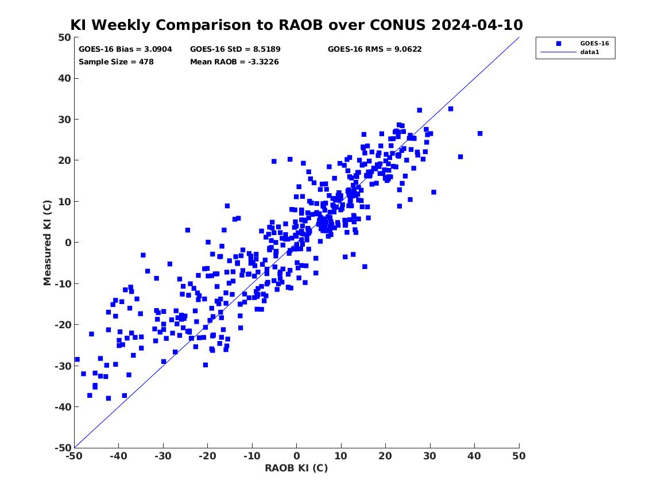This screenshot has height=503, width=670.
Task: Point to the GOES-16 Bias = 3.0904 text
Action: [125, 49]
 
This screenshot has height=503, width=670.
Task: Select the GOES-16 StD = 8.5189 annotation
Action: [235, 49]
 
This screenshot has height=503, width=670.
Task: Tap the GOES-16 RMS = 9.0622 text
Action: [375, 49]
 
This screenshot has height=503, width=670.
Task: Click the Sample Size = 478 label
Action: [116, 62]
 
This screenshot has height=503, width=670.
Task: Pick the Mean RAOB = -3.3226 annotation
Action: [235, 62]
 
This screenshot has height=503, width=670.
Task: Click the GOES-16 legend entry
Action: [594, 43]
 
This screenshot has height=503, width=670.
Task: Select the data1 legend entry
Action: [590, 52]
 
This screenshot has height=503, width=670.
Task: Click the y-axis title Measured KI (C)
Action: [47, 243]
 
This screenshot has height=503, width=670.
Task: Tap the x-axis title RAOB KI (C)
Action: [297, 468]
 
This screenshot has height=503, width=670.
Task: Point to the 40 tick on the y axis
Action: [64, 78]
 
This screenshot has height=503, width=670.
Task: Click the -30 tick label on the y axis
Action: [63, 366]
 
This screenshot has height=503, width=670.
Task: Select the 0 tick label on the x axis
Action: [297, 456]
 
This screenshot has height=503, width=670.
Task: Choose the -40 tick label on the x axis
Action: [118, 456]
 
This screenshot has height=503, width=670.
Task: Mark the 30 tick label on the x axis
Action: [430, 456]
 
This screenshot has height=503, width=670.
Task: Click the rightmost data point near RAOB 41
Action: [480, 133]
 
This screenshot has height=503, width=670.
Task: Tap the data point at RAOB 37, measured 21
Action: [460, 157]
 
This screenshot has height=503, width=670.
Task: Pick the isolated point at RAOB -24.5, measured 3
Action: [188, 230]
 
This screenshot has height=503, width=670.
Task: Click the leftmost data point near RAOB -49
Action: [78, 359]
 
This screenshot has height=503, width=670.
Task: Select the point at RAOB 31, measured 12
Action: [433, 192]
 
